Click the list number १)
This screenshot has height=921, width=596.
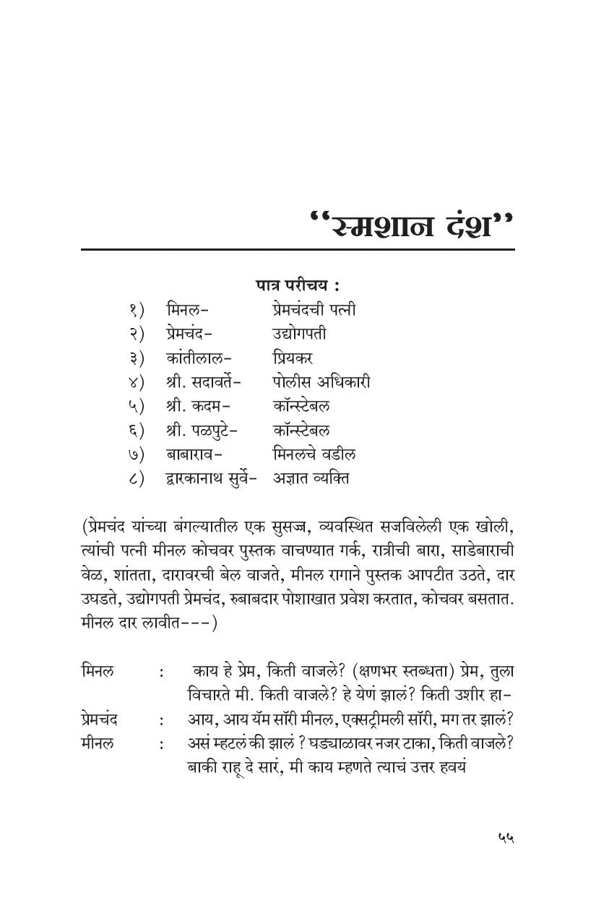pos(137,310)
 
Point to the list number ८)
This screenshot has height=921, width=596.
pos(137,478)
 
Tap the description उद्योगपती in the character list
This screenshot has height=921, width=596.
pos(299,334)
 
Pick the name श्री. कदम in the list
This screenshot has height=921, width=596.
pos(194,406)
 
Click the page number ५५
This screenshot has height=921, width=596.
pos(505,837)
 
